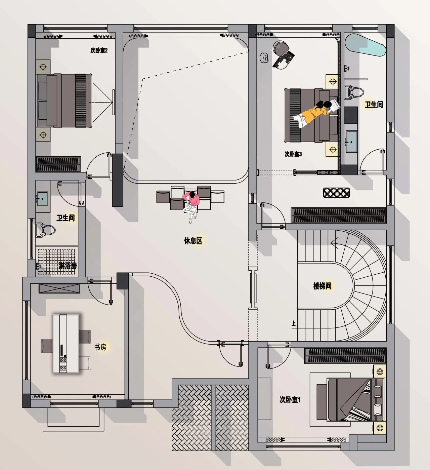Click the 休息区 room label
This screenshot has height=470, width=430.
(x=193, y=241)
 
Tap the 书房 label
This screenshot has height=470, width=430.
(x=100, y=347)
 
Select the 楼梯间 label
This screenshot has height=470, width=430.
(x=322, y=286)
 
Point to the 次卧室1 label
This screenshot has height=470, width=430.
(x=290, y=399)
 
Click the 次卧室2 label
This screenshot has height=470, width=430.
(x=99, y=50)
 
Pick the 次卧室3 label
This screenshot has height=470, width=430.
(x=293, y=154)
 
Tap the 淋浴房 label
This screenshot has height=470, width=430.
(x=68, y=266)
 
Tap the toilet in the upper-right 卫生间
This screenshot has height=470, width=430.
(x=354, y=92)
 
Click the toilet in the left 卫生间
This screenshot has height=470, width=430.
(x=45, y=230)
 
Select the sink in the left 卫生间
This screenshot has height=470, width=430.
(x=42, y=199)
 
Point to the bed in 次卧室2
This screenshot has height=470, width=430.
(x=64, y=101)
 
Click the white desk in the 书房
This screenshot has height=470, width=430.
(x=66, y=344)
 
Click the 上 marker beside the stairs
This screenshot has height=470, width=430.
(x=294, y=323)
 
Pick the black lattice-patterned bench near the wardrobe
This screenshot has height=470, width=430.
(x=336, y=193)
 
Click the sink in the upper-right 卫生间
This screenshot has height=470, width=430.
(x=351, y=141)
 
